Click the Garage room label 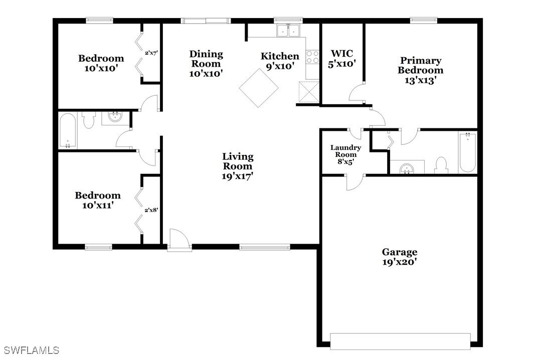[400, 257]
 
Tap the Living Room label [238, 166]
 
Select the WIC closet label [342, 59]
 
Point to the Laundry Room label [345, 154]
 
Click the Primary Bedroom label [420, 70]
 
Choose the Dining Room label [206, 64]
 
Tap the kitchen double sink [288, 31]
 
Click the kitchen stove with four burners [313, 57]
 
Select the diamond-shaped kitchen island [259, 88]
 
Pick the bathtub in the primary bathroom [467, 152]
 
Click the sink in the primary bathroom [407, 168]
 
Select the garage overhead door [400, 341]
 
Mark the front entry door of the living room [179, 241]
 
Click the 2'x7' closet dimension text [151, 53]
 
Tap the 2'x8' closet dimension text [151, 210]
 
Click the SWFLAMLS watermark [32, 350]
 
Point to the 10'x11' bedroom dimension [98, 205]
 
